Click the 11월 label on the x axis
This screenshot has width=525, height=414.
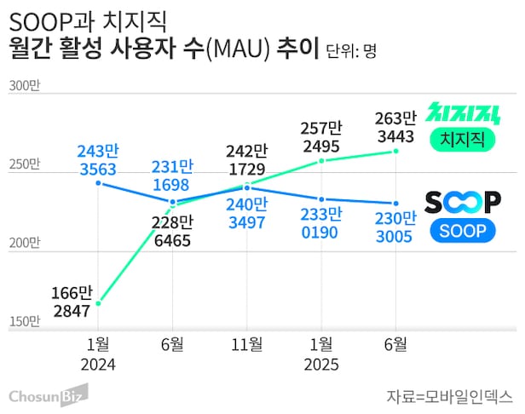pos(247,345)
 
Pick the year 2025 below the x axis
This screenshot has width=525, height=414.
pos(320,365)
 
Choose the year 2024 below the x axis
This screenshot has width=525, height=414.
pos(99,365)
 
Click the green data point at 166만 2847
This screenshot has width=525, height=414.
pos(99,302)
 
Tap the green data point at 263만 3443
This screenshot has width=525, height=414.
pos(395,152)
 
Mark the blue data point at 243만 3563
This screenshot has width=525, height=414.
pos(99,182)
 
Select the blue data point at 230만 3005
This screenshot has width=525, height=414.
pos(395,204)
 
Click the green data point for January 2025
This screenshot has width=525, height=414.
pos(321,160)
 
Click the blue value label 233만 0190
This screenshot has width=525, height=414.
pos(320,223)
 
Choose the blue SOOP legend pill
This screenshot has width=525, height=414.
pos(464,231)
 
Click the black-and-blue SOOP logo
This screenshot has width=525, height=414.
pos(464,202)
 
